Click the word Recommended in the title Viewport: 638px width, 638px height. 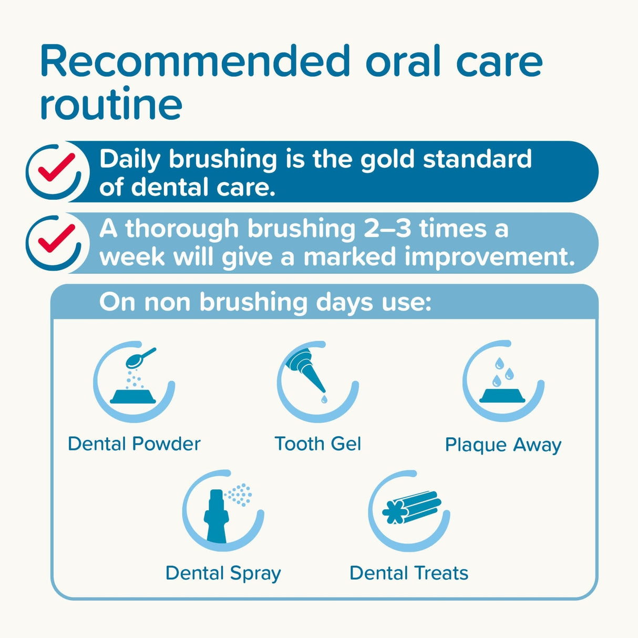195,61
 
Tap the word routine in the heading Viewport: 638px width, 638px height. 111,104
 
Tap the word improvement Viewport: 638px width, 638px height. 489,257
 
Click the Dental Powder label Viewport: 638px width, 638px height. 134,444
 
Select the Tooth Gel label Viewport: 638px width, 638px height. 318,444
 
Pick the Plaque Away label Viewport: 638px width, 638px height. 503,445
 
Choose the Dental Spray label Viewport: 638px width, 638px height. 223,573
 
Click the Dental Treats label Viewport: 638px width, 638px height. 409,573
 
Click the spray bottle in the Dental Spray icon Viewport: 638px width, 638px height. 215,518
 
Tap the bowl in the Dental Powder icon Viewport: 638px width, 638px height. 133,396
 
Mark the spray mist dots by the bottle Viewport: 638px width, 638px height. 239,495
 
